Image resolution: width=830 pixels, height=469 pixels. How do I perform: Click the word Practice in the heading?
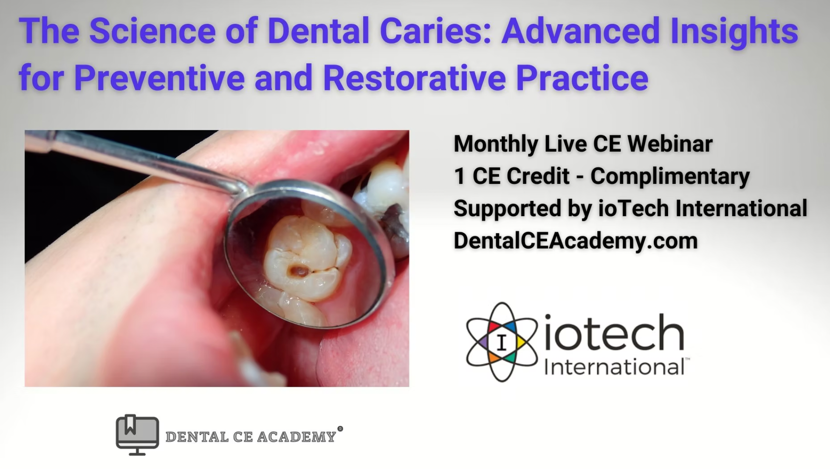click(582, 78)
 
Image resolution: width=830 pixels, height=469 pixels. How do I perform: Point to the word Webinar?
click(670, 144)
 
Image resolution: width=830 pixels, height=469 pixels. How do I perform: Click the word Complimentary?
click(670, 176)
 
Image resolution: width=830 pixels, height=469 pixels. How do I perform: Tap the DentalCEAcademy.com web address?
click(576, 240)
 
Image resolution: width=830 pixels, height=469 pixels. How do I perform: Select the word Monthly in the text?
click(496, 144)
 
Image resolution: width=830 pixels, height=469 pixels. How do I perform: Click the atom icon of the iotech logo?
click(502, 342)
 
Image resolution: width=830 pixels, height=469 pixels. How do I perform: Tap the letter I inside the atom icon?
click(502, 342)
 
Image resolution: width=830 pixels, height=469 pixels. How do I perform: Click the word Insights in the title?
click(734, 31)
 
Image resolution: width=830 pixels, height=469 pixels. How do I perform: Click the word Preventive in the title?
click(159, 78)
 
